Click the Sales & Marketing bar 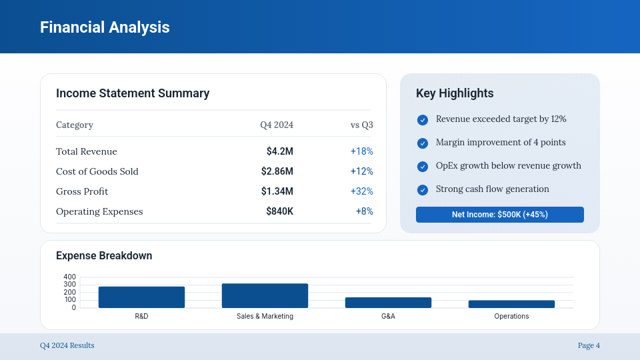tap(265, 295)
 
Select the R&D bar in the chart tap(141, 297)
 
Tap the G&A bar tap(388, 303)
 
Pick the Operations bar tap(511, 304)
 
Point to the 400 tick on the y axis tap(69, 277)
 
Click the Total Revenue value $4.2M tap(279, 151)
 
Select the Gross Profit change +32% tap(361, 191)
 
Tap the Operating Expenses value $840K tap(279, 211)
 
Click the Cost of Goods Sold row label tap(97, 171)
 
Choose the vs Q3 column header tap(361, 125)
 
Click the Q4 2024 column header tap(277, 125)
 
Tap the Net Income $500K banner tap(500, 215)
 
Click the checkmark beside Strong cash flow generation tap(423, 190)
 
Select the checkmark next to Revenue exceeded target tap(423, 120)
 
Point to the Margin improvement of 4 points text tap(501, 142)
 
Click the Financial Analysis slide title tap(105, 27)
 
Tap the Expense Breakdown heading tap(104, 256)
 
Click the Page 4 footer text tap(589, 345)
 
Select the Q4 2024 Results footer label tap(67, 345)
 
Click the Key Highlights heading tap(455, 93)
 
